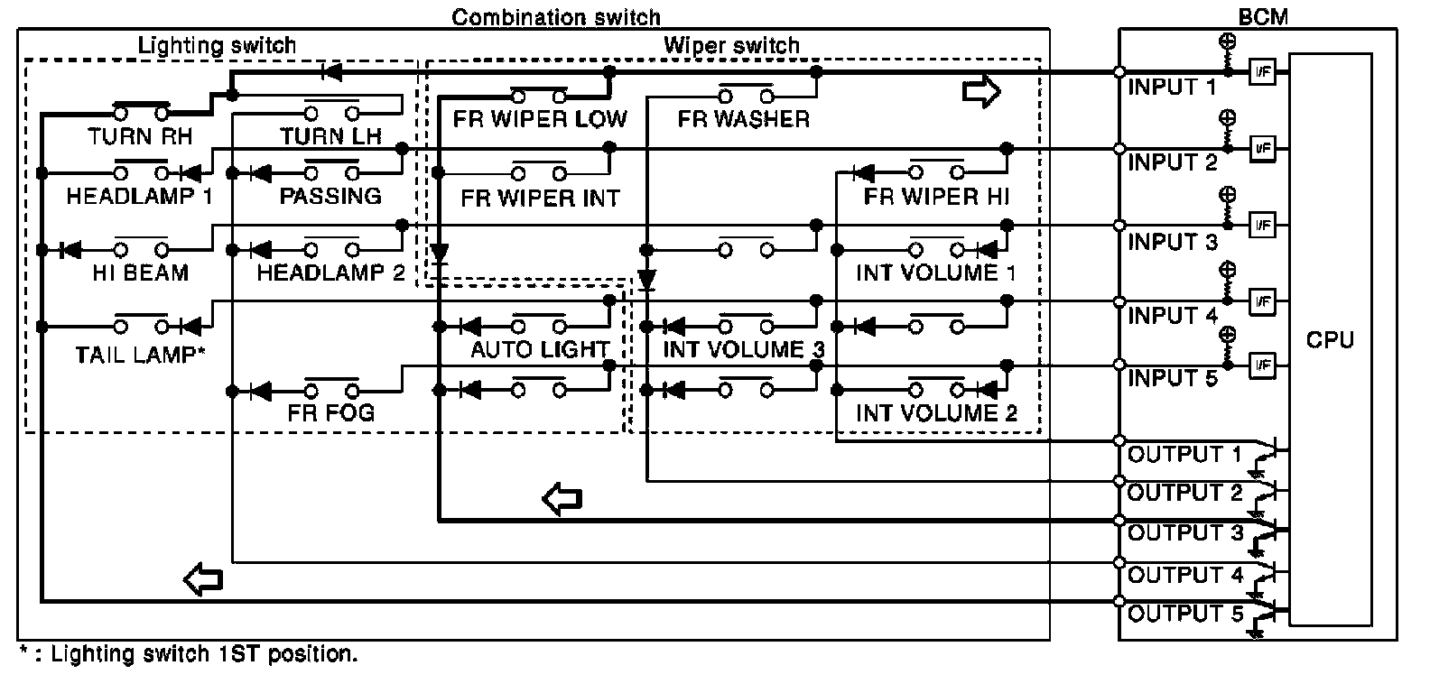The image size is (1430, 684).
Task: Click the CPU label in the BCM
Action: [x=1330, y=339]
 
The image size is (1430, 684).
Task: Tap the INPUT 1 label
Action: [x=1172, y=87]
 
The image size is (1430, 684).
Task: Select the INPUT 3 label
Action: [x=1173, y=242]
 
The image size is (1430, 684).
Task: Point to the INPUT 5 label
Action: [x=1173, y=378]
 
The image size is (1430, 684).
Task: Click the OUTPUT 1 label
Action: [x=1184, y=454]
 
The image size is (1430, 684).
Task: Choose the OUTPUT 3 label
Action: [x=1185, y=532]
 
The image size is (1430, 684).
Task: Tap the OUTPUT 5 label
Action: [x=1185, y=614]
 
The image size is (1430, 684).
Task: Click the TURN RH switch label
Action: [x=140, y=136]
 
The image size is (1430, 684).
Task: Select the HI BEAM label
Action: [x=141, y=273]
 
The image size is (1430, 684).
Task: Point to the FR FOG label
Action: [x=330, y=412]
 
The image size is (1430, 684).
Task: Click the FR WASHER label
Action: [x=744, y=119]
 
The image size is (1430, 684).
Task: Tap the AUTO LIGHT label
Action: [x=540, y=349]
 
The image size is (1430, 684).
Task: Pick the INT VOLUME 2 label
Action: [x=936, y=412]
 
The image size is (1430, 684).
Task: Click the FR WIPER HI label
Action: [x=936, y=197]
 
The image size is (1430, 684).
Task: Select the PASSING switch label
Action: [x=330, y=196]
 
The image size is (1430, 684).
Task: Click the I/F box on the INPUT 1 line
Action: [x=1262, y=72]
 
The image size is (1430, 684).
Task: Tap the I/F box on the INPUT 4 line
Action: [x=1262, y=301]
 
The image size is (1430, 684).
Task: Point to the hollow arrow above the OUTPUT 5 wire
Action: [x=203, y=579]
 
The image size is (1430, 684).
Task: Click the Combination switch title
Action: [x=556, y=17]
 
